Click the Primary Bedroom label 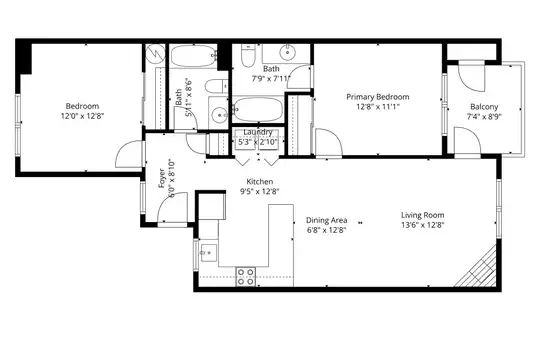(x=378, y=97)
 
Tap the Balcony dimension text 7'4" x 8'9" (x=484, y=116)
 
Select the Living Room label (x=423, y=215)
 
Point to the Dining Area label (x=326, y=220)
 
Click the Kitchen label (x=260, y=182)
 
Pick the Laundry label (x=258, y=132)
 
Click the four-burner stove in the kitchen (x=246, y=277)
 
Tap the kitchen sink (x=208, y=253)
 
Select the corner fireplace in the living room (x=477, y=267)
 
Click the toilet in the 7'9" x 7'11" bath (x=247, y=55)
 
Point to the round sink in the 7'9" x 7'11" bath (x=287, y=52)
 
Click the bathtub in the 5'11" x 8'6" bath (x=193, y=56)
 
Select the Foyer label (x=163, y=179)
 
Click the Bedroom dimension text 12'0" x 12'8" (x=82, y=116)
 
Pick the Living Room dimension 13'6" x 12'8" (x=423, y=225)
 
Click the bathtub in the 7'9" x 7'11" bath (x=258, y=109)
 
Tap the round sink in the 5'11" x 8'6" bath (x=218, y=114)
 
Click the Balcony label (x=484, y=107)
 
